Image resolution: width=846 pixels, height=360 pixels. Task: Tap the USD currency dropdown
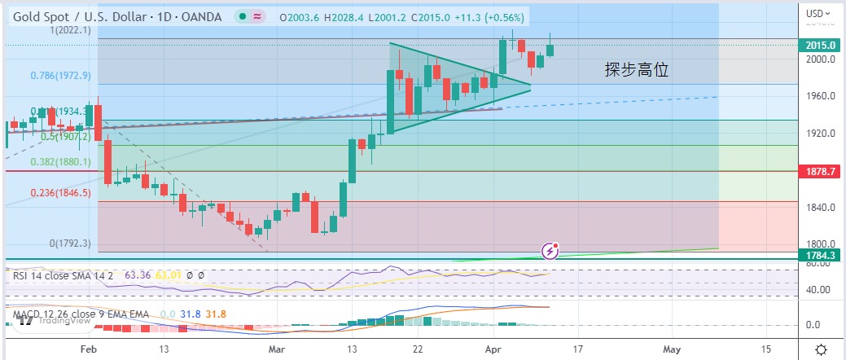point(818,13)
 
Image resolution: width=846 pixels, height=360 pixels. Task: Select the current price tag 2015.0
point(820,46)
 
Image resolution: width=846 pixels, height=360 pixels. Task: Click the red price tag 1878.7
point(820,172)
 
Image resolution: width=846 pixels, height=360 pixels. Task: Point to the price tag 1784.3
point(820,256)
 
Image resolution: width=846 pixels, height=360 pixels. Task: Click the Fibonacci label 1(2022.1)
point(70,30)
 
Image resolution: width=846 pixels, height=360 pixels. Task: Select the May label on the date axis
point(669,349)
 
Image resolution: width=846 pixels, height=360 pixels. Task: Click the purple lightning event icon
point(550,251)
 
